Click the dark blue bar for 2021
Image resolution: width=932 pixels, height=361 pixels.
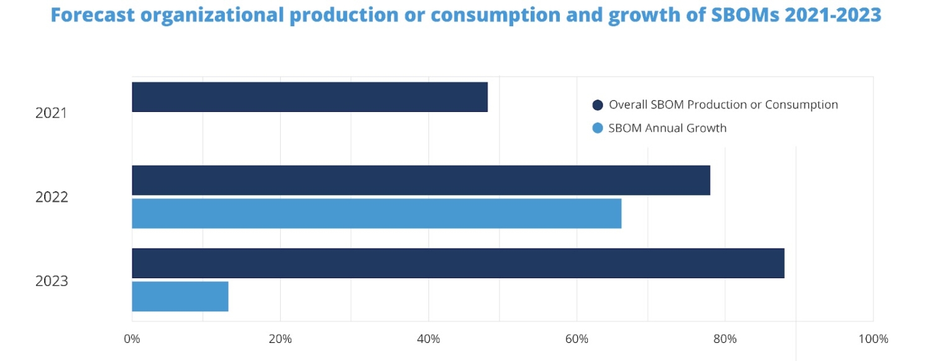click(309, 97)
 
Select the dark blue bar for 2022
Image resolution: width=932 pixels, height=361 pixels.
click(421, 180)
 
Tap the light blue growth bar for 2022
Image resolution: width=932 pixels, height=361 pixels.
click(377, 213)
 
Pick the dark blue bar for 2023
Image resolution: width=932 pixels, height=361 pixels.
click(458, 263)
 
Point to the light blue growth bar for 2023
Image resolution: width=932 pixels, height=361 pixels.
click(180, 296)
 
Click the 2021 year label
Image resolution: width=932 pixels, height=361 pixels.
click(51, 113)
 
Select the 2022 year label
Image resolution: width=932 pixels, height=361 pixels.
click(51, 197)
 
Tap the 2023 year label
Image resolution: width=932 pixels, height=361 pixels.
click(51, 281)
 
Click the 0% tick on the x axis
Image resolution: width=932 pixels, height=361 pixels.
click(132, 339)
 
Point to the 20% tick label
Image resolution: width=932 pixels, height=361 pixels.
click(280, 339)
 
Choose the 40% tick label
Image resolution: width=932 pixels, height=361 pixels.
click(428, 339)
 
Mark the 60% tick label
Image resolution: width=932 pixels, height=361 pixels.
click(577, 339)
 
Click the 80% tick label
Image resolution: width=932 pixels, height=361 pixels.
click(724, 339)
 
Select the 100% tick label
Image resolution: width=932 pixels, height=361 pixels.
click(873, 339)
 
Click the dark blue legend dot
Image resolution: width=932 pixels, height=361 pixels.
click(598, 105)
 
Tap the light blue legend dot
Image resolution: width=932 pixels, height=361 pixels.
click(598, 128)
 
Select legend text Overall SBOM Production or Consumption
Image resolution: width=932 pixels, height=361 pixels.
click(723, 105)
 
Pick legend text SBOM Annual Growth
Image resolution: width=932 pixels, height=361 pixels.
click(667, 128)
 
